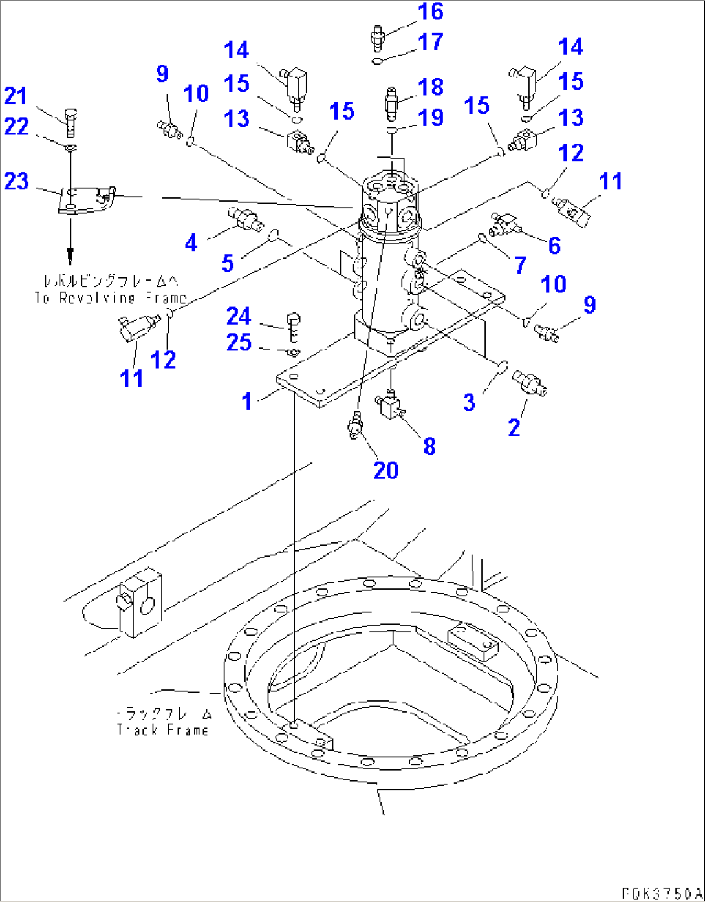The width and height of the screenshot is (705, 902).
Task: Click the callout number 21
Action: (x=16, y=96)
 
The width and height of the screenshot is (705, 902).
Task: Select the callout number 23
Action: (x=16, y=181)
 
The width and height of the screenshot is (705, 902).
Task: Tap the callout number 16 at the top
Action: (x=430, y=12)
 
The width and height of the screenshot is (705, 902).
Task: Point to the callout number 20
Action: (x=385, y=470)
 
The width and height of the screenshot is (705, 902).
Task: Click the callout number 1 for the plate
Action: (x=246, y=402)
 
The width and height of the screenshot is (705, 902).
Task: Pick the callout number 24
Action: (x=238, y=316)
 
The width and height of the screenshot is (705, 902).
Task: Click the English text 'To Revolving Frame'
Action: (x=110, y=298)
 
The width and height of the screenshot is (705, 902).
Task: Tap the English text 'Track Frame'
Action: (x=162, y=730)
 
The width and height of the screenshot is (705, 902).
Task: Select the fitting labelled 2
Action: (x=530, y=383)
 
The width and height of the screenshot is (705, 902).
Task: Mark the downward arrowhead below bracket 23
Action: (x=70, y=259)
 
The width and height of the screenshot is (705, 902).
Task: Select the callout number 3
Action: (x=469, y=402)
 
